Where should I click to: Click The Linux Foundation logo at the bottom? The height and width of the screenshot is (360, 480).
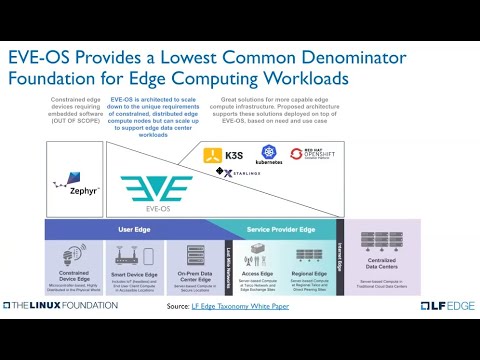coord(61,305)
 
